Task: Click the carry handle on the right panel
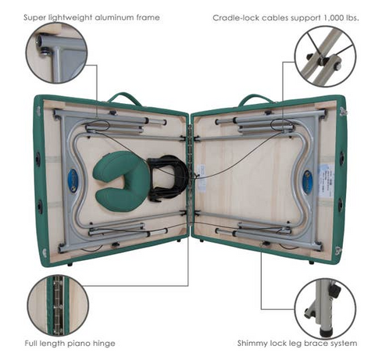coord(256,98)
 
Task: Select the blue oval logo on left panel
coord(73,181)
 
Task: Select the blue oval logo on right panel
coord(308,182)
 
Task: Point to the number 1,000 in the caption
coord(334,18)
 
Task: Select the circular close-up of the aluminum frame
coord(56,53)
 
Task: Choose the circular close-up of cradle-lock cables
coord(325,56)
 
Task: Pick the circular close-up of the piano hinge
coord(58,306)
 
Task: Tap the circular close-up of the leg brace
coord(325,309)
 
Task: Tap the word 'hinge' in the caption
coord(104,344)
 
